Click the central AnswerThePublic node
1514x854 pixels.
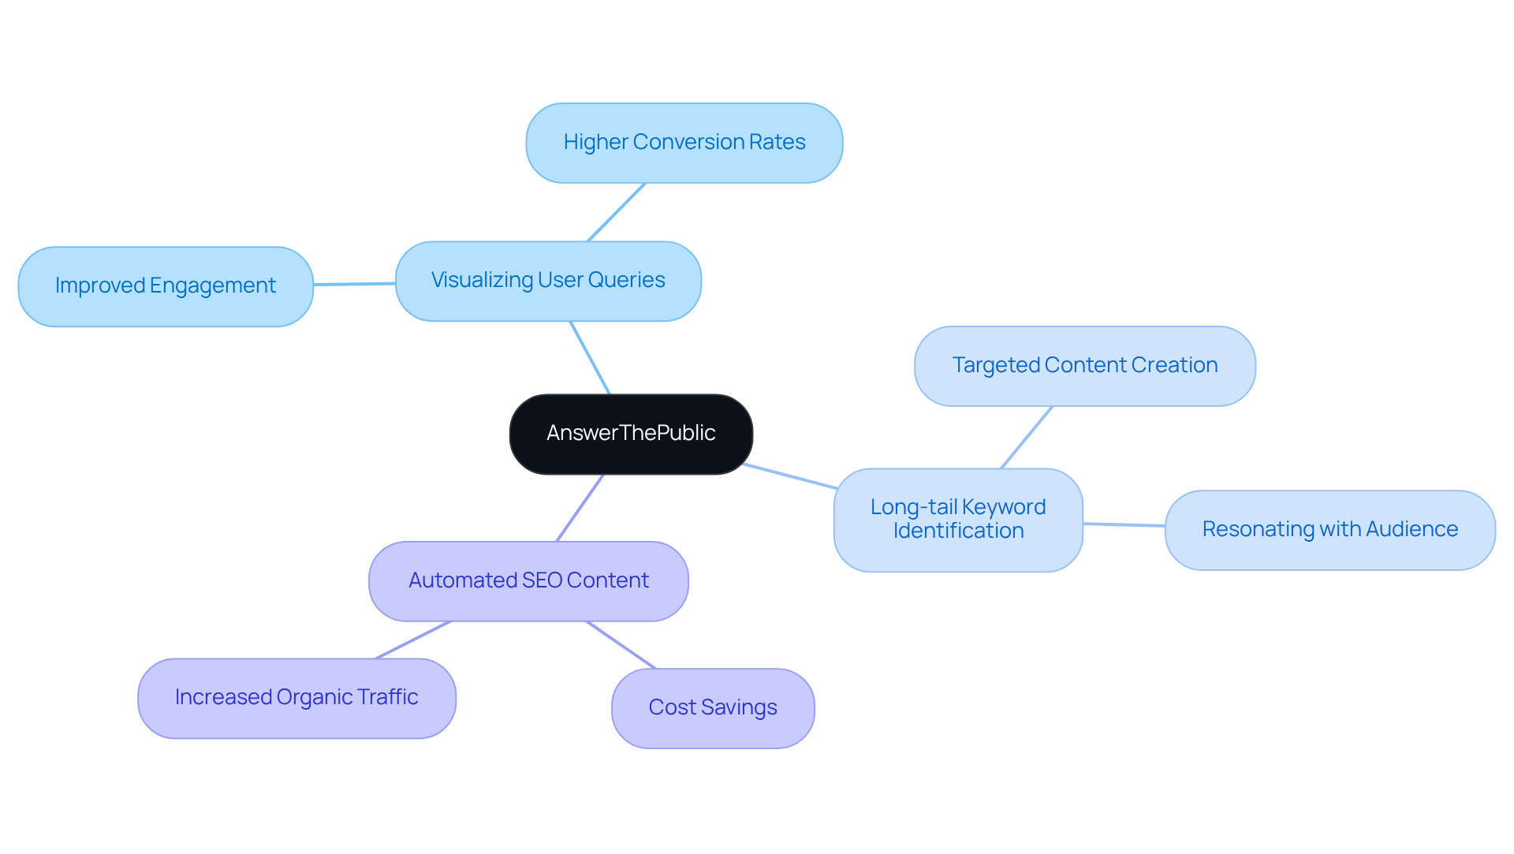tap(631, 434)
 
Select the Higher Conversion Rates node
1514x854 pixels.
tap(684, 143)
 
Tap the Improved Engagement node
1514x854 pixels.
tap(166, 285)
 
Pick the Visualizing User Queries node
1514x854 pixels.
tap(548, 281)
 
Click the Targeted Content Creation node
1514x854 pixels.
tap(1084, 366)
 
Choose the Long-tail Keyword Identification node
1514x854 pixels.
tap(958, 520)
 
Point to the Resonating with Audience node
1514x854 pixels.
tap(1329, 529)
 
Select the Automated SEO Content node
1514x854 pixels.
tap(528, 580)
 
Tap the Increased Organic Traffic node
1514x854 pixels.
tap(296, 698)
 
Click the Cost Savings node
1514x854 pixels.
tap(713, 707)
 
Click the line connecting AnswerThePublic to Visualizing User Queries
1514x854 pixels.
tap(590, 357)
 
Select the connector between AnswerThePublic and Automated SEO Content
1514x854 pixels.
tap(580, 507)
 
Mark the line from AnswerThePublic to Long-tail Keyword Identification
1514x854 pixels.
tap(789, 476)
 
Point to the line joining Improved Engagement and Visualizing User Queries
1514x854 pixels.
tap(354, 284)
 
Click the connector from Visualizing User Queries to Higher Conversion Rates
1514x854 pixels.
tap(617, 212)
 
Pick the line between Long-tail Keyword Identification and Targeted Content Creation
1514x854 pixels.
tap(1027, 438)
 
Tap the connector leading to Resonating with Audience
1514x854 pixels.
tap(1124, 524)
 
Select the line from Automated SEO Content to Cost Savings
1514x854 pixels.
tap(621, 645)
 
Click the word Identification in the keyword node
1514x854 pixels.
tap(958, 531)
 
